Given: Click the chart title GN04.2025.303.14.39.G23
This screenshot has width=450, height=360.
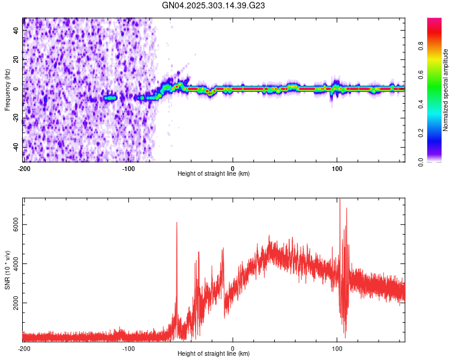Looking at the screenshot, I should [214, 5].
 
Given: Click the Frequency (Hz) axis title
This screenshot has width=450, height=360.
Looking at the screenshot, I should [7, 89].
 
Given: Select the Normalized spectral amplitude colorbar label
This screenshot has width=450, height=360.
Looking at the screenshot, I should [446, 90].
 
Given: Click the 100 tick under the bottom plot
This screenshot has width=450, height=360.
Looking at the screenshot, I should [337, 348].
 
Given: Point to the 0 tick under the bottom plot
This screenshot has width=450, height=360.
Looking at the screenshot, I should [233, 348].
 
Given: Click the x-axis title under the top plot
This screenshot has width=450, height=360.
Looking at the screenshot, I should [214, 174].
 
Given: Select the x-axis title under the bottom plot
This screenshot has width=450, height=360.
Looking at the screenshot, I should [214, 355].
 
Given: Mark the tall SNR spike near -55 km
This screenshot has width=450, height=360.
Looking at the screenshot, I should [176, 223].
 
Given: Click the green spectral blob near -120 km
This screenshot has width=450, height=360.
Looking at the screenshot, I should [110, 97].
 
